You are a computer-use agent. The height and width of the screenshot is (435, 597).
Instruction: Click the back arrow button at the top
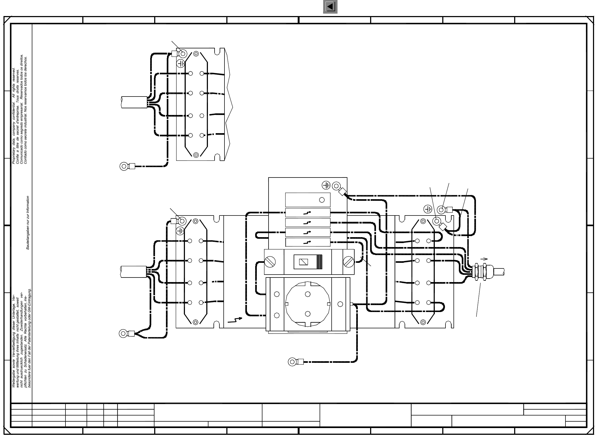(x=330, y=7)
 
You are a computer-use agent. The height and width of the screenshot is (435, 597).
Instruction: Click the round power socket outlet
(x=308, y=304)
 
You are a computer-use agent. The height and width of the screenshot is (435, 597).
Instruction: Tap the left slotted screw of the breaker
(x=270, y=262)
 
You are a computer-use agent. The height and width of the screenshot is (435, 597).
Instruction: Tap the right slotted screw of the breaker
(x=348, y=262)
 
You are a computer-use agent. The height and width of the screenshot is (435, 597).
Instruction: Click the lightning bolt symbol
(x=235, y=320)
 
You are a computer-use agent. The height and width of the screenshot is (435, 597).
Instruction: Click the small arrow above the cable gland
(x=484, y=259)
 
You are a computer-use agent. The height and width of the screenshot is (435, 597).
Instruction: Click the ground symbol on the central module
(x=326, y=185)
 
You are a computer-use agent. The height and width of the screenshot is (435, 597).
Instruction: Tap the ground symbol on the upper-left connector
(x=181, y=64)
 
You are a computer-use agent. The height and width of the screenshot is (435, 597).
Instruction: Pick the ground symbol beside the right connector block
(x=428, y=209)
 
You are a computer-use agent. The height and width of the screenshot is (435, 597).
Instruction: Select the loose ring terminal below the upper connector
(x=124, y=166)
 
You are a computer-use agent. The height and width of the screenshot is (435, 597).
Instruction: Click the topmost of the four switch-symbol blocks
(x=308, y=213)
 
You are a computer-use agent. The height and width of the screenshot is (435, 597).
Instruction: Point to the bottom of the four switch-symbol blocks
(x=308, y=242)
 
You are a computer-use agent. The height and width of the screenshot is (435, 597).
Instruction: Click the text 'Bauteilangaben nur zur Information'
(x=28, y=223)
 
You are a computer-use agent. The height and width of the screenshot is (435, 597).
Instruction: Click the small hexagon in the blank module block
(x=322, y=200)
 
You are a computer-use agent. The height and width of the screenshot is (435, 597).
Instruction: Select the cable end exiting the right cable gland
(x=499, y=272)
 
